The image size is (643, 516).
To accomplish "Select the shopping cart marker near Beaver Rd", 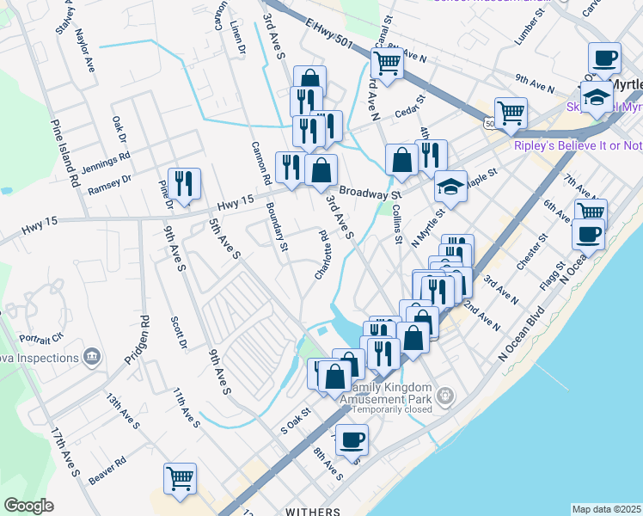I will [x=180, y=478].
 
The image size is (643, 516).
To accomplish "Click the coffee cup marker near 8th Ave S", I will [x=352, y=440].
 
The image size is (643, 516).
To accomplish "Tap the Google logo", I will [x=28, y=506].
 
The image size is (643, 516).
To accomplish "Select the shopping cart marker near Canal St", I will [x=387, y=62].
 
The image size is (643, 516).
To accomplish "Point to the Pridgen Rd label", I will [x=138, y=341].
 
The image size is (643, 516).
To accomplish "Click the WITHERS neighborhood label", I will [x=312, y=512].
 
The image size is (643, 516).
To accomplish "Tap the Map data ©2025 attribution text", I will [x=606, y=509].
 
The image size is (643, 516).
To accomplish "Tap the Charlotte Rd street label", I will [x=323, y=255].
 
